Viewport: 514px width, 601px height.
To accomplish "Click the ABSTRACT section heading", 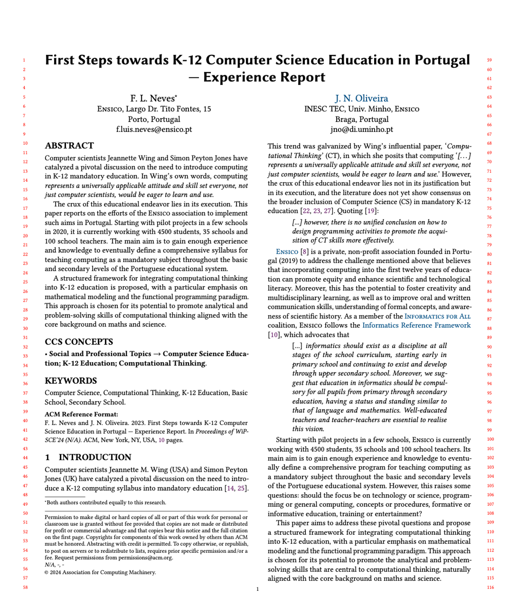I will [69, 145].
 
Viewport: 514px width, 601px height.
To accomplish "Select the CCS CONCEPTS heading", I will [79, 341].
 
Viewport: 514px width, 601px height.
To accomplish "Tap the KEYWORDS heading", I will [71, 380].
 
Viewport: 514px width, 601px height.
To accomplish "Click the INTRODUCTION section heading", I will [95, 457].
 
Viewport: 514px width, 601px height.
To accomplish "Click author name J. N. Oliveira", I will [361, 98].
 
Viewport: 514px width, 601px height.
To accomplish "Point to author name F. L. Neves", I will [153, 98].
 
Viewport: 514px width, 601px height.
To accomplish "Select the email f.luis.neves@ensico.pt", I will [154, 129].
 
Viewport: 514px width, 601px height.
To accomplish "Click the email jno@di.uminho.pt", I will [361, 129].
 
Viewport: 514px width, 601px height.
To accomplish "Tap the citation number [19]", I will [371, 211].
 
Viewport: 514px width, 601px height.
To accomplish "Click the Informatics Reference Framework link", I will [416, 325].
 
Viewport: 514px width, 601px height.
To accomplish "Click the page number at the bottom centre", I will [258, 589].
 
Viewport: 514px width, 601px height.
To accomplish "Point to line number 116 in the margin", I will [490, 587].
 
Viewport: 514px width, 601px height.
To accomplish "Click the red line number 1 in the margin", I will [24, 60].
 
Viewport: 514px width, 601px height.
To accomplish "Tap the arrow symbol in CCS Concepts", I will [157, 354].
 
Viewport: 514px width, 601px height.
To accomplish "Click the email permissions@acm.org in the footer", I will [145, 557].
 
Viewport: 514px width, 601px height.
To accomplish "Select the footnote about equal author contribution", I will [106, 502].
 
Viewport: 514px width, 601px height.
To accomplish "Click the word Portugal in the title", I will [442, 60].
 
